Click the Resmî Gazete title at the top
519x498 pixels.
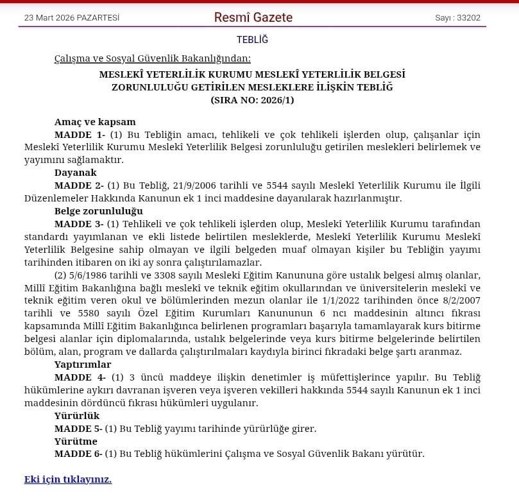click(x=253, y=17)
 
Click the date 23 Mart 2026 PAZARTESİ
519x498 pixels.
click(x=72, y=18)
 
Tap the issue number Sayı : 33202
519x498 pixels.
click(x=457, y=18)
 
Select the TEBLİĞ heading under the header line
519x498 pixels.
click(x=252, y=40)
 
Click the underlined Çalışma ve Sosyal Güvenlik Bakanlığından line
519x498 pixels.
click(x=153, y=58)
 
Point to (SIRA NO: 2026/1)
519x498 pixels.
click(x=252, y=100)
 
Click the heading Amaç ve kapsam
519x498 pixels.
click(x=95, y=122)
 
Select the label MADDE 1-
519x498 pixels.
click(x=80, y=135)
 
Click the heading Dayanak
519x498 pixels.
click(x=76, y=173)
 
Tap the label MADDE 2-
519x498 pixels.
click(x=80, y=185)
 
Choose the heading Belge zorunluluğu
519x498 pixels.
click(x=99, y=210)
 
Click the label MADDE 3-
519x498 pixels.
click(x=80, y=223)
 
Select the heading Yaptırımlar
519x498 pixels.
click(x=83, y=364)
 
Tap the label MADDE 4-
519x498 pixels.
click(x=80, y=377)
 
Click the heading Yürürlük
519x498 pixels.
click(x=77, y=415)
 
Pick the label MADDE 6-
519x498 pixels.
click(x=78, y=454)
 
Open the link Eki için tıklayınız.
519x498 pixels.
click(x=68, y=479)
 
